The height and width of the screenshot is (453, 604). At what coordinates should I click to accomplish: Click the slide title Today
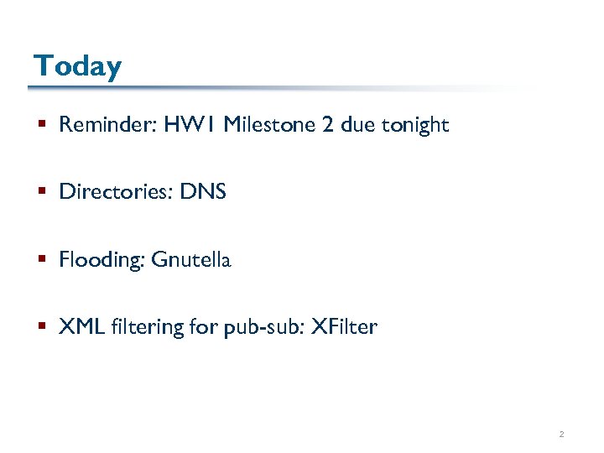point(77,65)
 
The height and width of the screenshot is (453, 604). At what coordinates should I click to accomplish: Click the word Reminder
point(107,126)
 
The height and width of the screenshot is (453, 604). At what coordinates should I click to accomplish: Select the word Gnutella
point(190,260)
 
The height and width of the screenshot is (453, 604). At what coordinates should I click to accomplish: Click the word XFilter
point(344,327)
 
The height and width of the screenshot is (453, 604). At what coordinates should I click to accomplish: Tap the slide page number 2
point(561,435)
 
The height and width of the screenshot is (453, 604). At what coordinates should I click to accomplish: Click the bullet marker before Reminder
point(41,126)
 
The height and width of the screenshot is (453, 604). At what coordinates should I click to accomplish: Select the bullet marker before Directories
point(41,193)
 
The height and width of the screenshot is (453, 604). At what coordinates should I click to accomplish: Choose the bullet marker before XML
point(41,327)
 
